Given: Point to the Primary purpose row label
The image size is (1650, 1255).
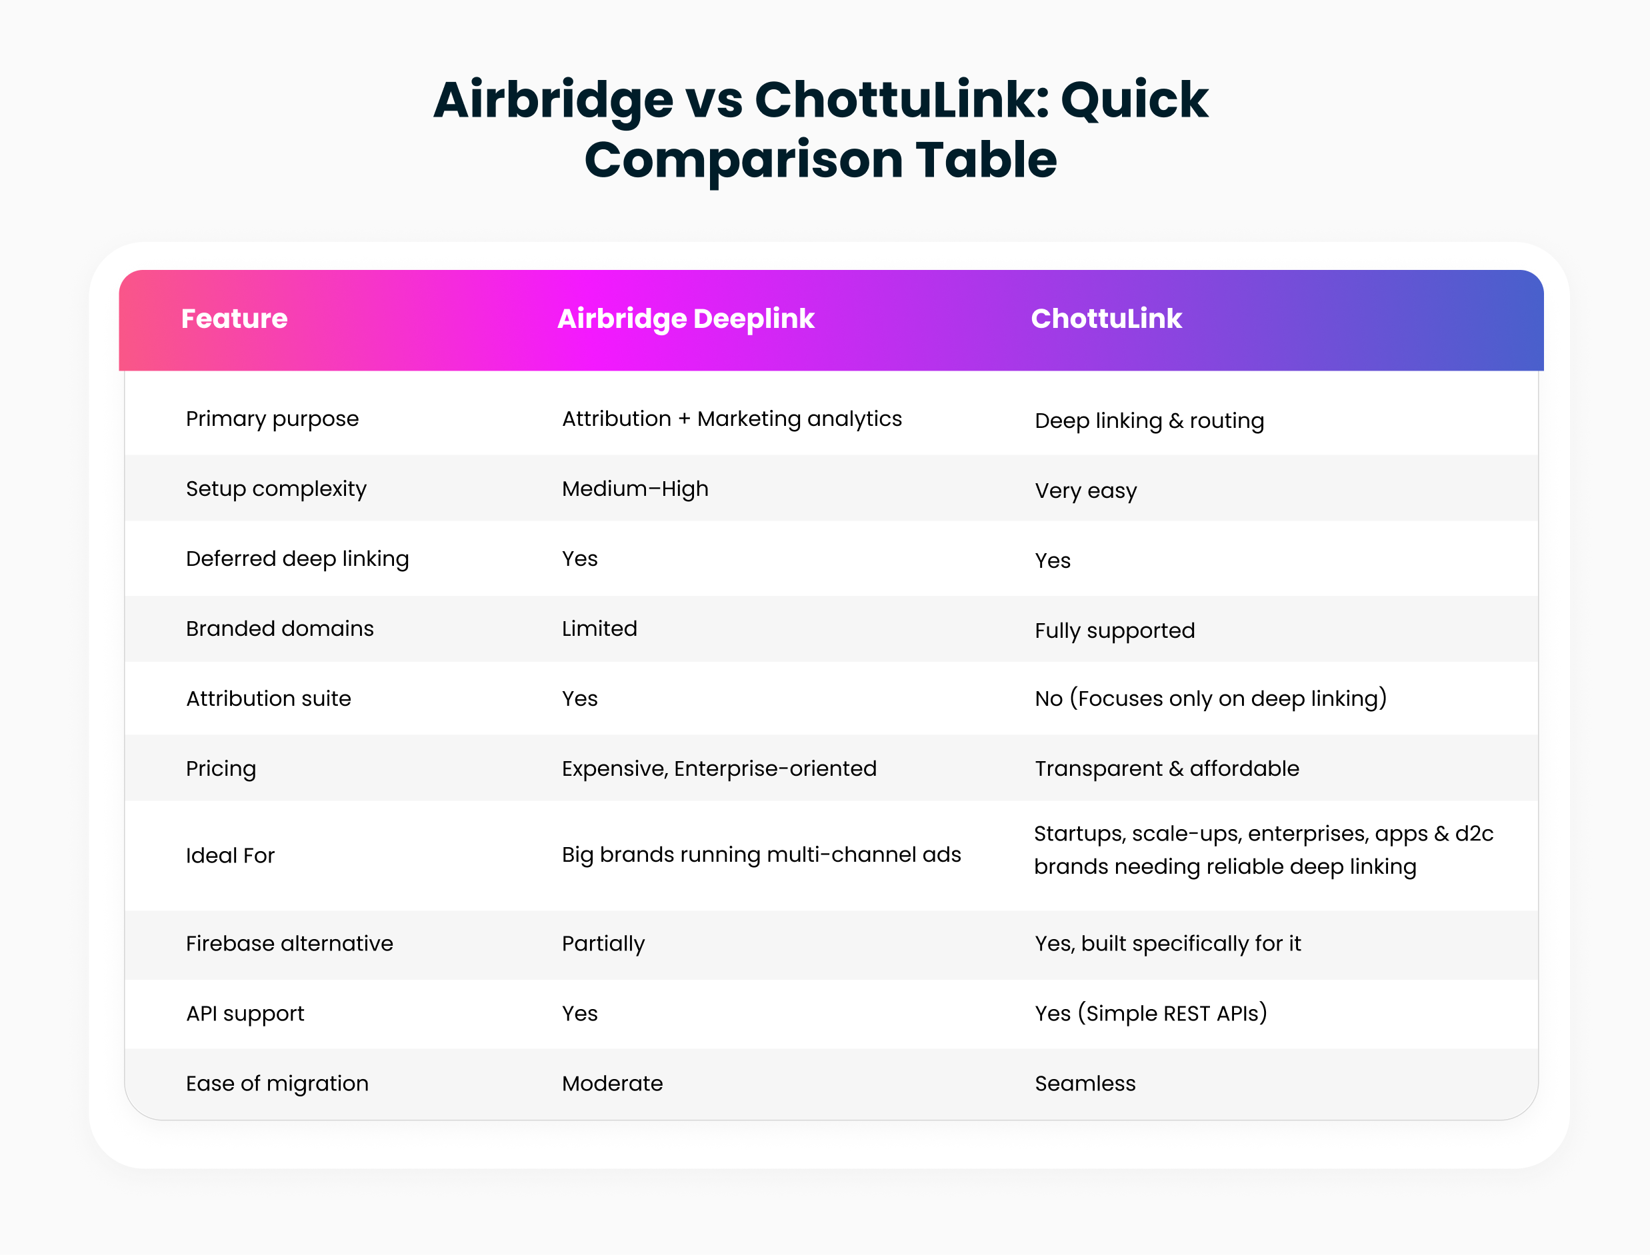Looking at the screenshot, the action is click(x=272, y=420).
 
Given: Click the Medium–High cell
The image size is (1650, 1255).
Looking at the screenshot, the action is click(x=635, y=489).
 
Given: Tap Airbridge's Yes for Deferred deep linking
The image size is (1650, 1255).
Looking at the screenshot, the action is click(x=580, y=559).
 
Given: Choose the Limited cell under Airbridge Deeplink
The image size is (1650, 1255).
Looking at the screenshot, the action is click(x=599, y=628).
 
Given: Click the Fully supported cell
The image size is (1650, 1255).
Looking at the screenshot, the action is click(x=1115, y=631).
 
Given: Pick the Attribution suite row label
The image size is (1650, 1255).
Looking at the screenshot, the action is click(x=268, y=698).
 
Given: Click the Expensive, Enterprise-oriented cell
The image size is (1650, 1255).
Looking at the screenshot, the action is click(x=719, y=768).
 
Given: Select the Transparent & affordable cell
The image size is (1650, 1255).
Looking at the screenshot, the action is click(x=1167, y=768).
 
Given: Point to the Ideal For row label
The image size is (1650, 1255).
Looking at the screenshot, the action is click(x=230, y=855).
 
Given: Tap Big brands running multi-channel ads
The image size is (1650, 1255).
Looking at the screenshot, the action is click(x=761, y=854).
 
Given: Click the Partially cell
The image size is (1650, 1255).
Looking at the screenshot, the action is click(x=603, y=944).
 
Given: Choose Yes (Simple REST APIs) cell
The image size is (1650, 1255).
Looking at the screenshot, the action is click(x=1151, y=1014).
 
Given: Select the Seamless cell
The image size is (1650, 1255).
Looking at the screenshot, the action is click(x=1085, y=1084).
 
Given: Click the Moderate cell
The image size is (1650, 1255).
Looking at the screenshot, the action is click(x=612, y=1084).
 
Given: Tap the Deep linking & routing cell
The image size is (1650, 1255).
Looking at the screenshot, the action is click(x=1149, y=421).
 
